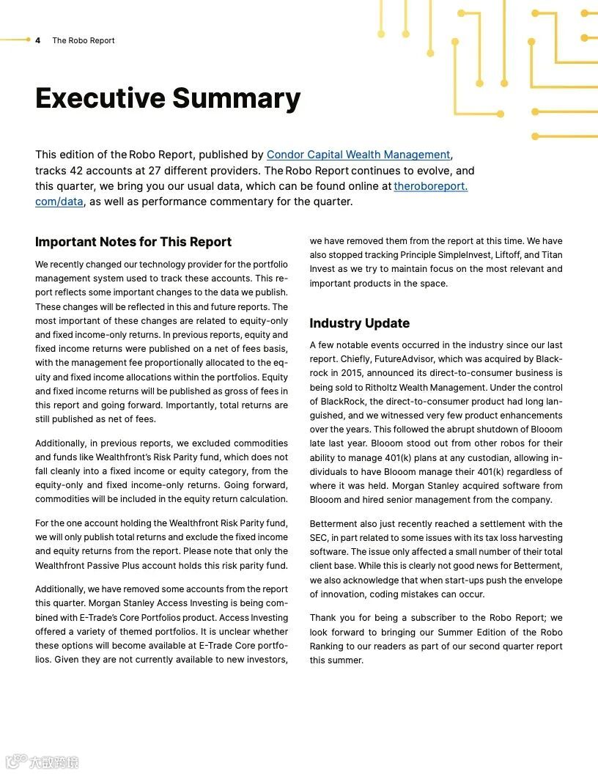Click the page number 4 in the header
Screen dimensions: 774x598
coord(37,40)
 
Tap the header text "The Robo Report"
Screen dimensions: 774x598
coord(83,40)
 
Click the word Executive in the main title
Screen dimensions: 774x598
coord(100,98)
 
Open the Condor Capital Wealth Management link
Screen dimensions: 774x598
coord(358,155)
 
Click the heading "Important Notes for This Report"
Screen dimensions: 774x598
coord(133,242)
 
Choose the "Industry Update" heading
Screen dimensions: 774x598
coord(359,323)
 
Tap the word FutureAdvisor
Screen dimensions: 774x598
coord(414,359)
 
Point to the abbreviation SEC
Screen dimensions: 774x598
coord(320,538)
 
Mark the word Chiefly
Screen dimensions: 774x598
coord(355,359)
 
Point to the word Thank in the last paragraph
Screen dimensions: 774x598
coord(323,618)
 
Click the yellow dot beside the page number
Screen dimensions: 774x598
coord(28,40)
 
